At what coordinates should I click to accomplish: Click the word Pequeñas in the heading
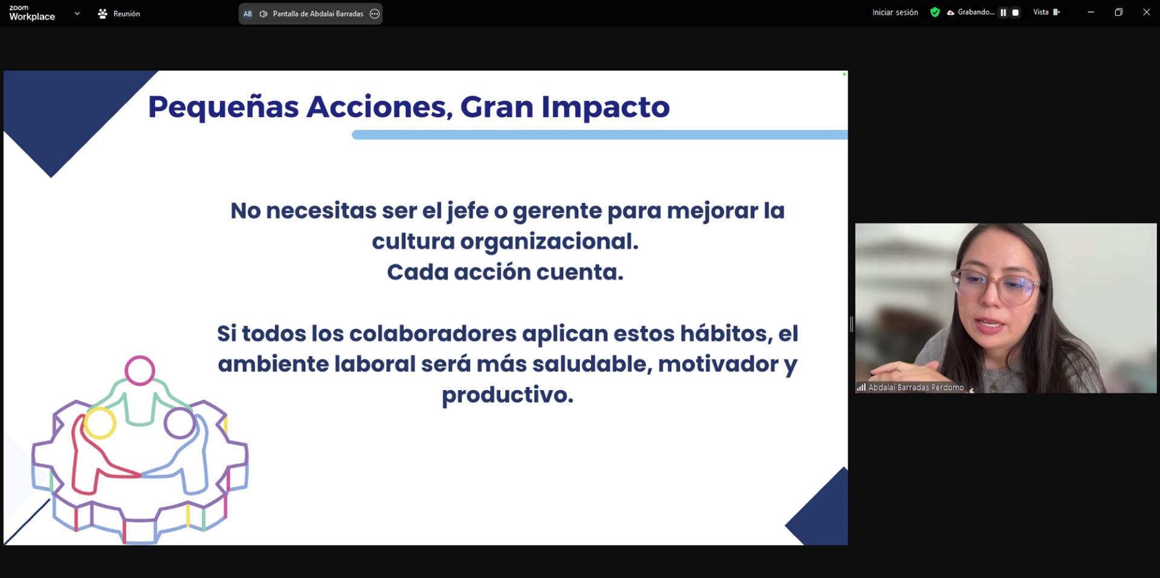[223, 108]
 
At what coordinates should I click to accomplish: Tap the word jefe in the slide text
[467, 211]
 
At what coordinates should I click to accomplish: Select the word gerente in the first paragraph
[557, 211]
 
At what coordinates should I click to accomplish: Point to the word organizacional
[549, 242]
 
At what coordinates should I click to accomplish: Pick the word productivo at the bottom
[507, 395]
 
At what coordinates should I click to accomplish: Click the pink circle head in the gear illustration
[140, 370]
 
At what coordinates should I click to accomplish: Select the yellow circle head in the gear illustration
[100, 422]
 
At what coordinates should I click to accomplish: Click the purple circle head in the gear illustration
[179, 423]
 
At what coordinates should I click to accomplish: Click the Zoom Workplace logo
[31, 13]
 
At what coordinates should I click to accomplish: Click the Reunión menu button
[119, 13]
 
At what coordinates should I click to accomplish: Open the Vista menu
[1046, 12]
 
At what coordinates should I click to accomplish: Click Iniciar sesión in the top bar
[895, 12]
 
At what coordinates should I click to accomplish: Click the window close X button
[1146, 12]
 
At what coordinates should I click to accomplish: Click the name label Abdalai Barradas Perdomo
[915, 387]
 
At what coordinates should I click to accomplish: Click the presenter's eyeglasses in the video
[995, 288]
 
